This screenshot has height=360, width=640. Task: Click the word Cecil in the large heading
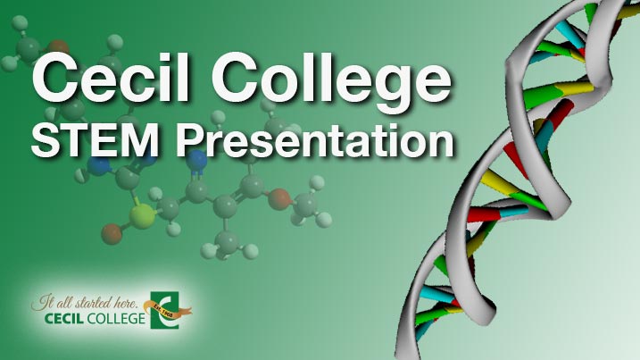point(111,77)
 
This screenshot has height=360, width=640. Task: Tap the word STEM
point(96,141)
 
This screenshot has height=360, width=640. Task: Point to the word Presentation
point(315,141)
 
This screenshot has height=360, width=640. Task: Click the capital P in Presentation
point(190,141)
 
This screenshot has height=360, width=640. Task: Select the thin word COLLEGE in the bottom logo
point(116,318)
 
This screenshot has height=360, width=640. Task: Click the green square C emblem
point(164,310)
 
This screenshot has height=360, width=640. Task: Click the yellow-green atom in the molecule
point(142,216)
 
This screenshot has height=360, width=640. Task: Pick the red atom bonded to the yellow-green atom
point(112,234)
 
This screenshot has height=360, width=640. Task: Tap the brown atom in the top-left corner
point(58,47)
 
